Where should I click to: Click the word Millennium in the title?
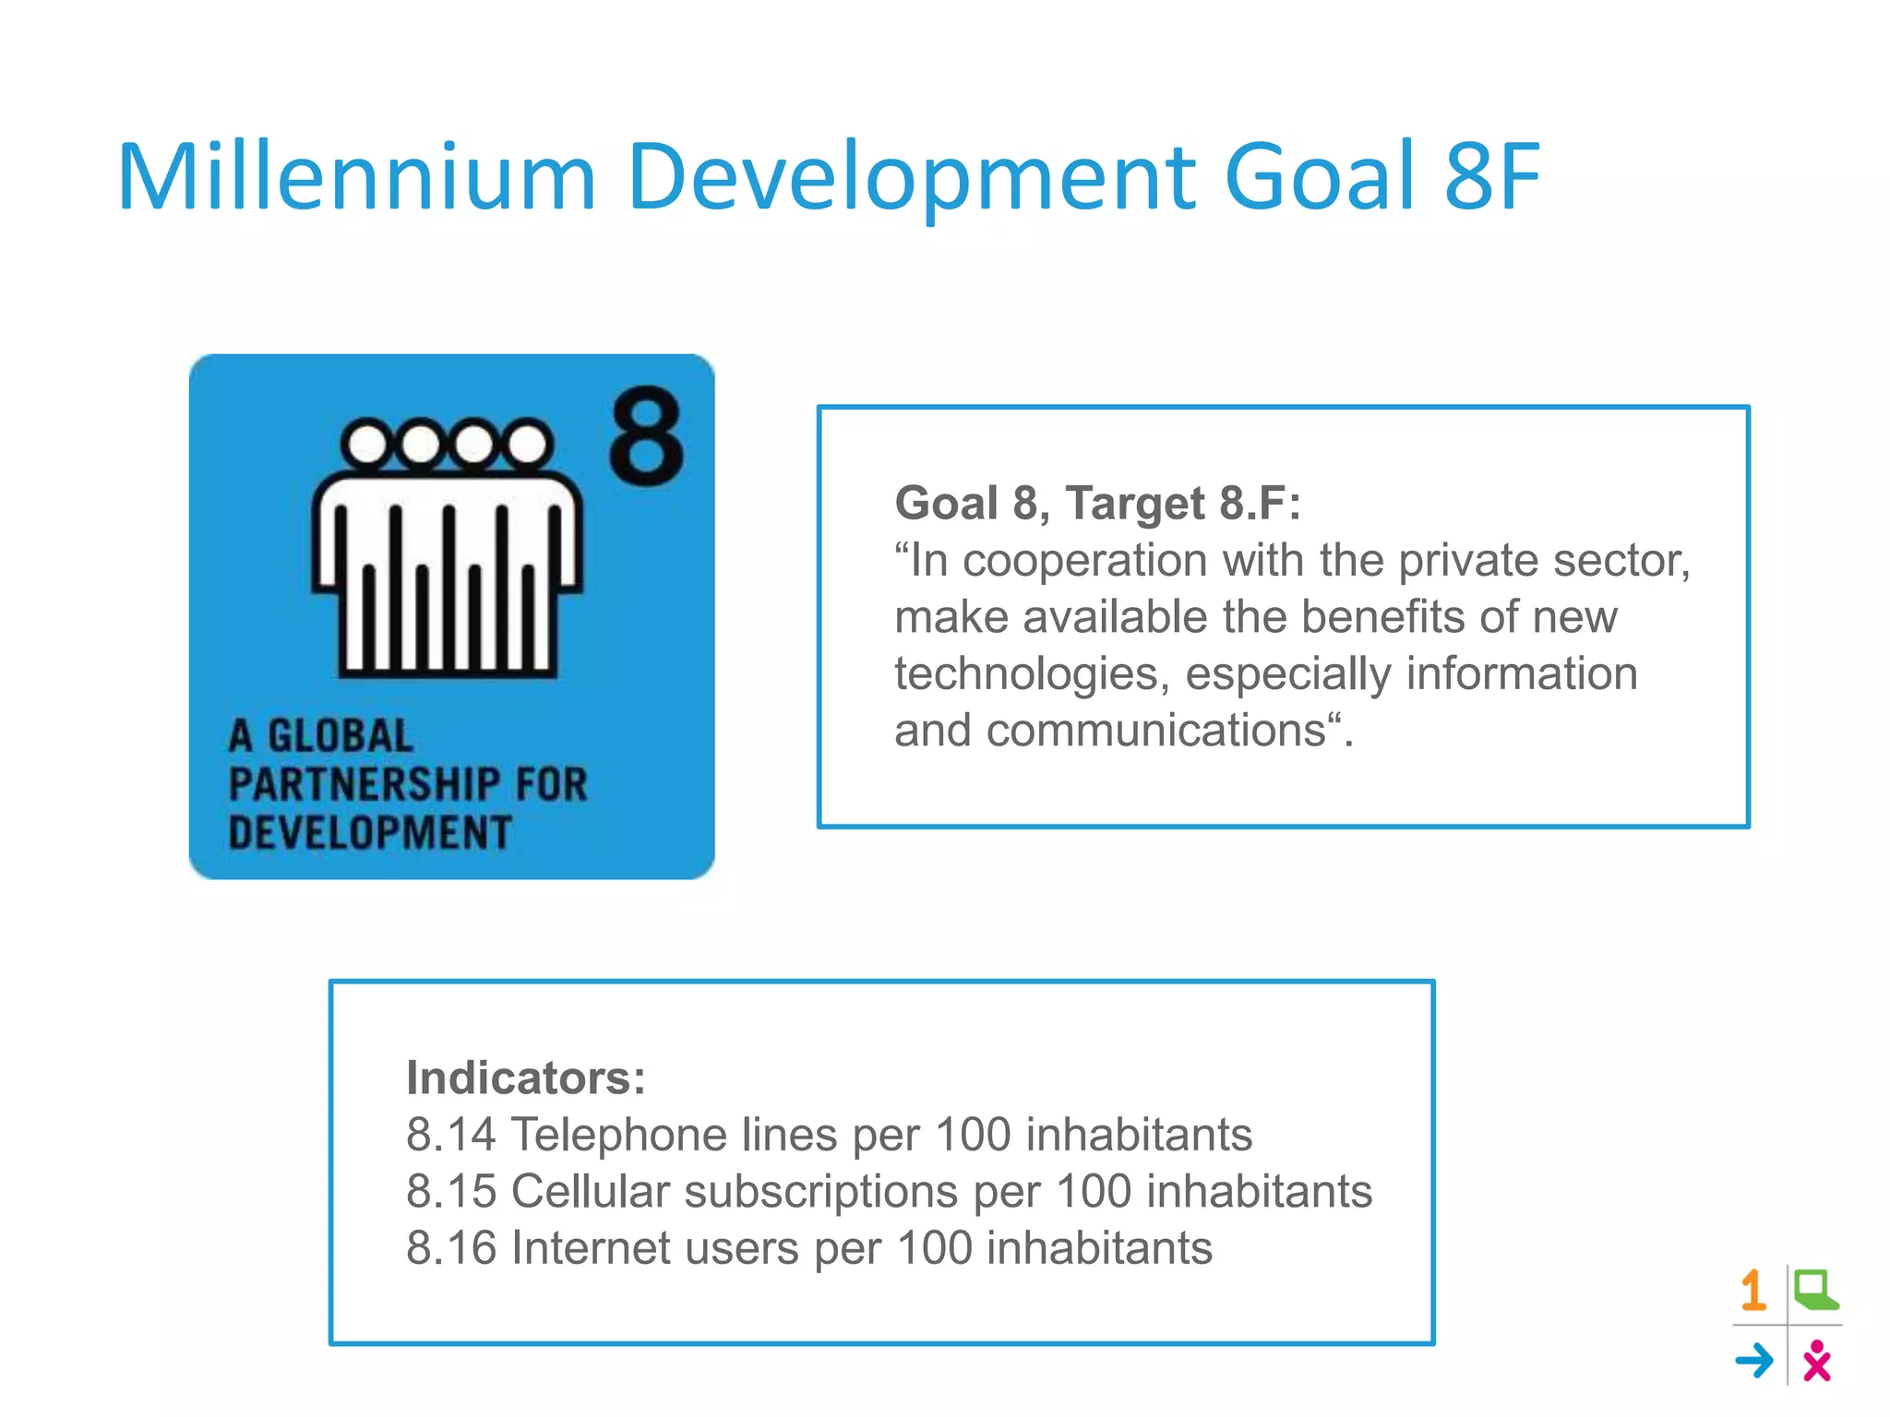click(356, 176)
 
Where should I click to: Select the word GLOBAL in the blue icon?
click(340, 736)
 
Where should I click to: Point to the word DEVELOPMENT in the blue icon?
click(369, 832)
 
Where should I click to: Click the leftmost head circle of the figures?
click(367, 444)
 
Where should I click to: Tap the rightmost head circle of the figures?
click(528, 444)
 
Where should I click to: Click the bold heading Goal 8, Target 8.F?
click(1097, 504)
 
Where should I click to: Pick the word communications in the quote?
click(1155, 732)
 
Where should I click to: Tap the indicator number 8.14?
click(450, 1135)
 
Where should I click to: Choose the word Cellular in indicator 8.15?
click(590, 1191)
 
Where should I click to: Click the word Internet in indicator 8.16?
click(591, 1248)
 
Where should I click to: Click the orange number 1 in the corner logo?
click(1753, 1291)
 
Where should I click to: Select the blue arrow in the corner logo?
click(1754, 1361)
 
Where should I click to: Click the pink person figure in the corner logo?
click(1816, 1361)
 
